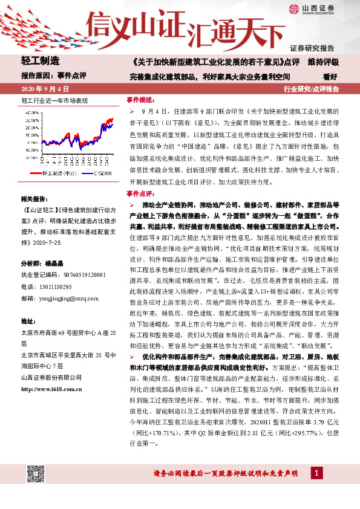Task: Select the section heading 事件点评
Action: (x=141, y=193)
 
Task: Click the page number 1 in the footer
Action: (x=315, y=472)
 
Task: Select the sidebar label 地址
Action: (x=30, y=320)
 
